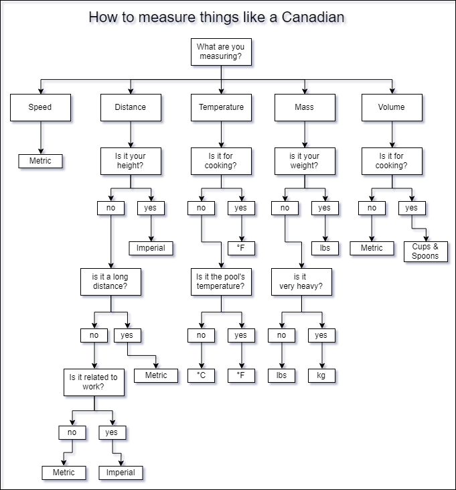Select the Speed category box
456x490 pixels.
pyautogui.click(x=40, y=107)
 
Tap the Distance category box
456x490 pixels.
pyautogui.click(x=130, y=107)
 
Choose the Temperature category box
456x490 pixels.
pyautogui.click(x=221, y=107)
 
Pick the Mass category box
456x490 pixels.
pyautogui.click(x=304, y=107)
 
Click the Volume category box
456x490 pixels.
pyautogui.click(x=392, y=107)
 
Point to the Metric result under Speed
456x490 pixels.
pyautogui.click(x=40, y=161)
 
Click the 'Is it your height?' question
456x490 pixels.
pyautogui.click(x=130, y=162)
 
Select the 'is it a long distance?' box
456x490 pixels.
pyautogui.click(x=110, y=282)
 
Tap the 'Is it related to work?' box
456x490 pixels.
pyautogui.click(x=94, y=381)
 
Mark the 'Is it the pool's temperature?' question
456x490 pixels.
pyautogui.click(x=221, y=282)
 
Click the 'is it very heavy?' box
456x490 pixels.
pyautogui.click(x=301, y=282)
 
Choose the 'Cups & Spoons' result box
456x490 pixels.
pyautogui.click(x=425, y=251)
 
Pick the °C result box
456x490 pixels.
pyautogui.click(x=202, y=375)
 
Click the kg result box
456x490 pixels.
pyautogui.click(x=321, y=375)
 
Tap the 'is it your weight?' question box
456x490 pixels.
pyautogui.click(x=304, y=162)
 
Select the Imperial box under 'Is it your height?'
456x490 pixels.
pyautogui.click(x=151, y=248)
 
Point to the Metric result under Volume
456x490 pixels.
pyautogui.click(x=372, y=248)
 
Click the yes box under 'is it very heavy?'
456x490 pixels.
pyautogui.click(x=321, y=335)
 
